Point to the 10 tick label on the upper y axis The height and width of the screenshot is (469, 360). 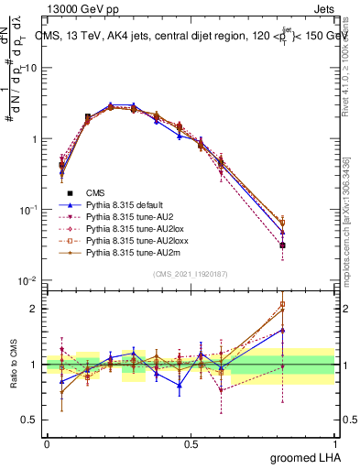(30, 68)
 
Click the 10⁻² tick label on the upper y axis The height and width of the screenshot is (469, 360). (27, 280)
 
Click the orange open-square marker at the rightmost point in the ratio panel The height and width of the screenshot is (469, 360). (283, 304)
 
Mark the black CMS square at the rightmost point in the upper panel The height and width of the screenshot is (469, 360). (283, 245)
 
